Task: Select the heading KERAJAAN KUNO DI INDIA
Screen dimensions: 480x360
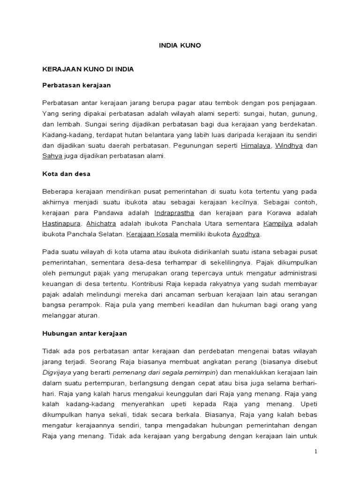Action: click(x=88, y=69)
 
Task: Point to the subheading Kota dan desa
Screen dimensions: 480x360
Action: click(x=66, y=173)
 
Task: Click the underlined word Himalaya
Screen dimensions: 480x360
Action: click(x=255, y=145)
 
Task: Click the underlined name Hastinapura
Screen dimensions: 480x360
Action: click(x=61, y=223)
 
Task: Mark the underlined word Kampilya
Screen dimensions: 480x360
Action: click(x=278, y=223)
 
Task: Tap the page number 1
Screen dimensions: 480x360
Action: click(x=316, y=451)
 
